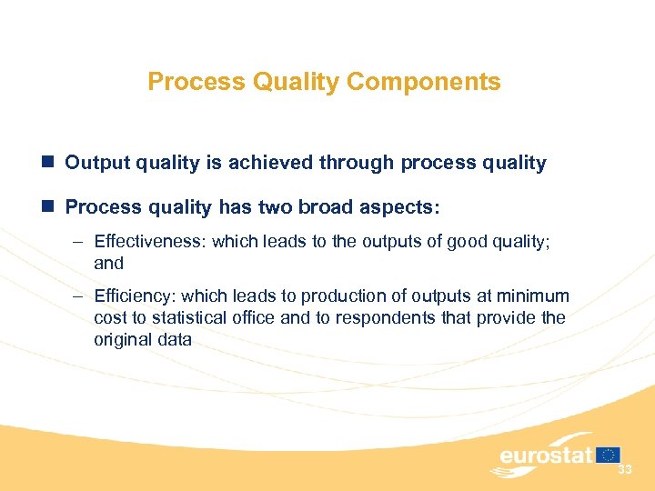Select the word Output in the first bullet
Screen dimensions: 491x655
(x=96, y=164)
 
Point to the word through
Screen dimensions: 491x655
(x=356, y=164)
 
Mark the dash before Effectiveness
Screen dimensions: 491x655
(x=79, y=242)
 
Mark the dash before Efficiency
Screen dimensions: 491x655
(x=79, y=296)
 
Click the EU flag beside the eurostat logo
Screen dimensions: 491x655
(x=609, y=454)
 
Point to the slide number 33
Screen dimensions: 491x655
(x=624, y=469)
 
